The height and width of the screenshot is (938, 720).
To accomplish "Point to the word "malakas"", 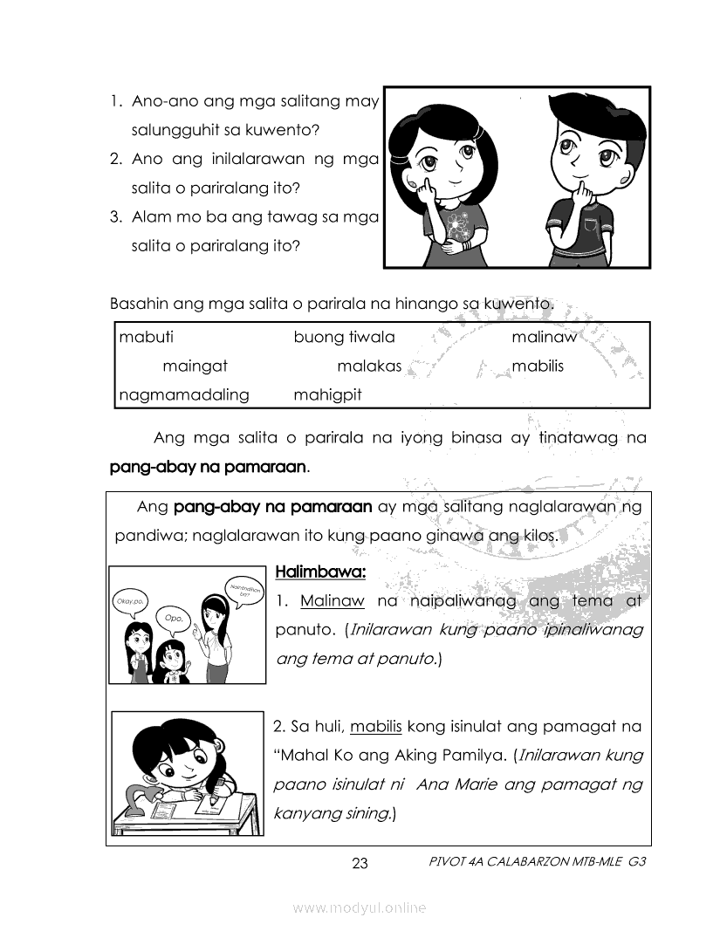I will (x=369, y=366).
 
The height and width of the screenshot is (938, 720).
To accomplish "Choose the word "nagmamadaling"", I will (x=184, y=395).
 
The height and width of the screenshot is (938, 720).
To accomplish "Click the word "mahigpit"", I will (x=327, y=395).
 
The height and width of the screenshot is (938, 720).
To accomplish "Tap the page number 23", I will (x=360, y=865).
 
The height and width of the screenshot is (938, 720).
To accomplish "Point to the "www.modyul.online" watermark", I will (x=360, y=908).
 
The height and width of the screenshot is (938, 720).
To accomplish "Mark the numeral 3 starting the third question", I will (x=115, y=217).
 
